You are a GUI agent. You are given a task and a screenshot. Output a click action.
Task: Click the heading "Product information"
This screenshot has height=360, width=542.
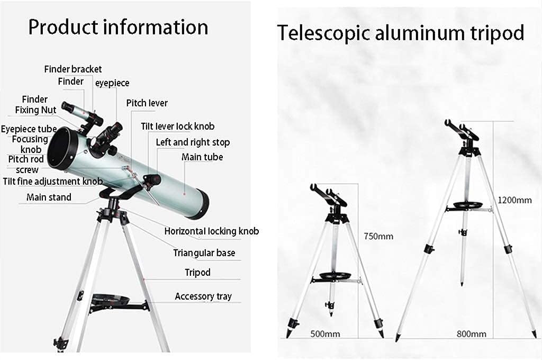(118, 27)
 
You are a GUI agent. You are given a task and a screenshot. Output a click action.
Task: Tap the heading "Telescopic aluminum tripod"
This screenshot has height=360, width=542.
(401, 33)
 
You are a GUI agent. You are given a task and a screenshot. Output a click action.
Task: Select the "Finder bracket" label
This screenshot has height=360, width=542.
(73, 69)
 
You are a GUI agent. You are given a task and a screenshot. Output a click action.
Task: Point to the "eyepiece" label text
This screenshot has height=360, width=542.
(112, 83)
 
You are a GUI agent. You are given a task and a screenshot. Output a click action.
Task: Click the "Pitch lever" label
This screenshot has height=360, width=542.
(147, 103)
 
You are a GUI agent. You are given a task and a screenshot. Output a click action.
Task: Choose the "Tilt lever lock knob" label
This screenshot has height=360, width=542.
(177, 127)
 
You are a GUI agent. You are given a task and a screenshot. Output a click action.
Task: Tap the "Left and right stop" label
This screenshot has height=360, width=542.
(193, 142)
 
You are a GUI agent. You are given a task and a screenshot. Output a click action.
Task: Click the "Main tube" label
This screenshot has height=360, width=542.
(202, 157)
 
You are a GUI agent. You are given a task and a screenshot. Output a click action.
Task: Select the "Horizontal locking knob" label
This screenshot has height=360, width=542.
(211, 231)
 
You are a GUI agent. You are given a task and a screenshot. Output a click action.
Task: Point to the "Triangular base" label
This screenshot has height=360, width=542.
(204, 253)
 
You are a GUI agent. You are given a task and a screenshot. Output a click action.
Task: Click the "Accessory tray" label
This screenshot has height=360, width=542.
(203, 296)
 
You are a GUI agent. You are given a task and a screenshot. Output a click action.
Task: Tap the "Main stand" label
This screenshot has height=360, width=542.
(49, 197)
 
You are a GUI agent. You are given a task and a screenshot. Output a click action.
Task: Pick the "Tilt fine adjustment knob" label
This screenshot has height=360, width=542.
(52, 182)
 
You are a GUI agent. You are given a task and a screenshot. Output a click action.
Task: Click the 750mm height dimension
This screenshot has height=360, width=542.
(378, 237)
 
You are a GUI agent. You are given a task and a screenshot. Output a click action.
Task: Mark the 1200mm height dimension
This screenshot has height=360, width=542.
(514, 200)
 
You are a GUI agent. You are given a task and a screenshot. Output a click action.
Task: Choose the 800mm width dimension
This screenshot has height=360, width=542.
(471, 334)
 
